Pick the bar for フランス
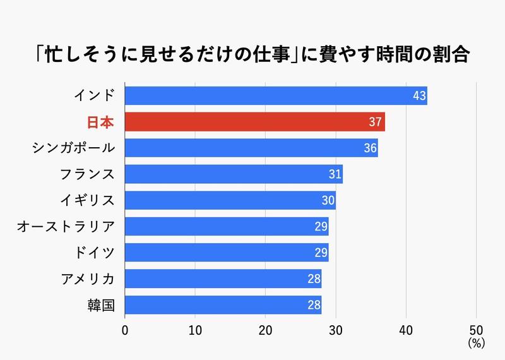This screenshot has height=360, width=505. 234,174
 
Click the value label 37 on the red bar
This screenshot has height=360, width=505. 376,121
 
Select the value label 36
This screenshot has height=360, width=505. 370,148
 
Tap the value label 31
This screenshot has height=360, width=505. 335,174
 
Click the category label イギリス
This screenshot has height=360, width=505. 88,200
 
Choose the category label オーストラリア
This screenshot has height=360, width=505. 66,226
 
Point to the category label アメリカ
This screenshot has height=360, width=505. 88,279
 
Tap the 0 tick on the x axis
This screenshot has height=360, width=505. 125,330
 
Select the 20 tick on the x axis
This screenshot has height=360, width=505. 265,330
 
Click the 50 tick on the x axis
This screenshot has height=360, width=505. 476,330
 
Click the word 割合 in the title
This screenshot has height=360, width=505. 453,54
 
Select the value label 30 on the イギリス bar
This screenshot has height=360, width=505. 328,200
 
